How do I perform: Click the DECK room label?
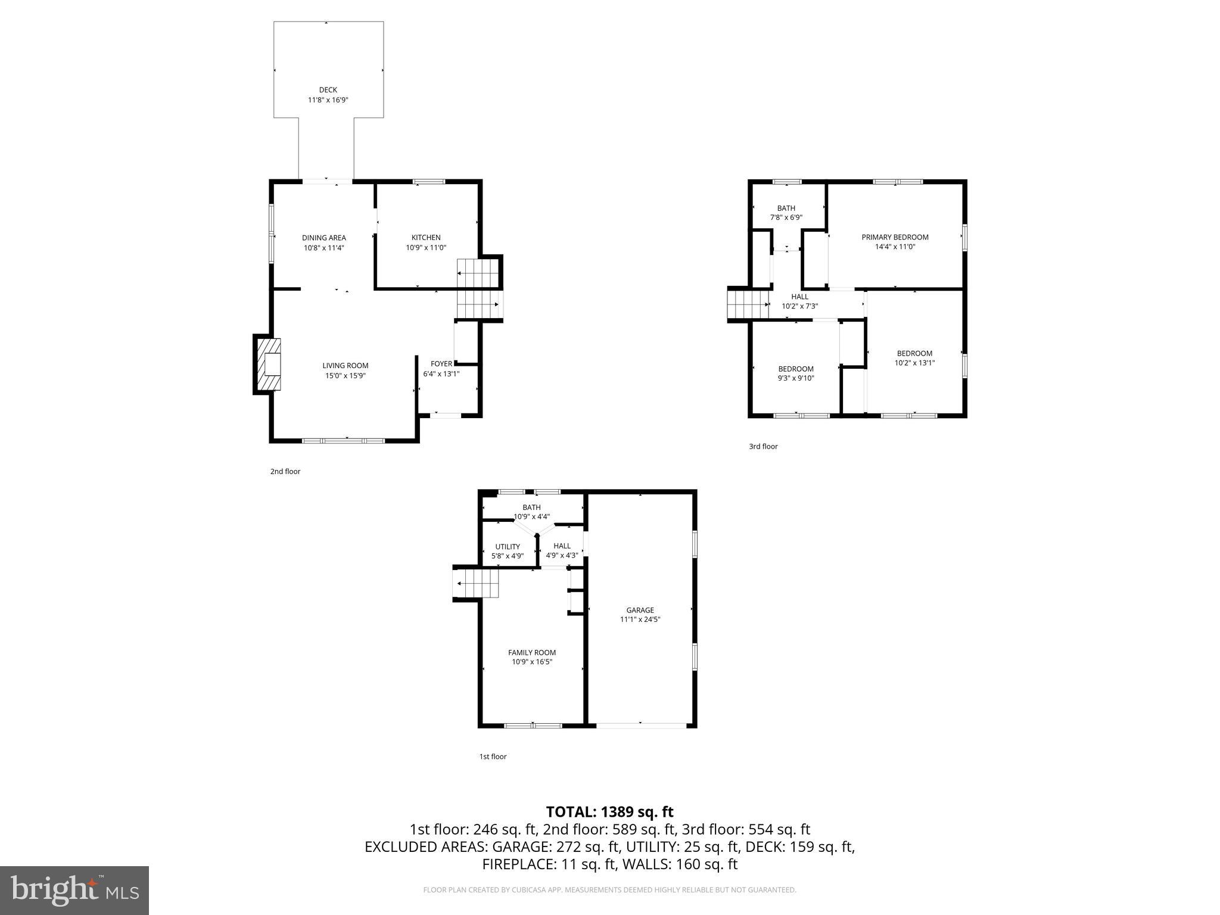(328, 91)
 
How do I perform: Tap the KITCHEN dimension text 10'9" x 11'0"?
(426, 248)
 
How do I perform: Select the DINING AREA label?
(323, 238)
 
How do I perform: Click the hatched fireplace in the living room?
(268, 365)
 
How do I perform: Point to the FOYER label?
(441, 364)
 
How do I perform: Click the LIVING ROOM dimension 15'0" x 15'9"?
(345, 376)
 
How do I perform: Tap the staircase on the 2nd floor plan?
(477, 289)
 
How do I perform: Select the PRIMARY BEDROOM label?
(895, 237)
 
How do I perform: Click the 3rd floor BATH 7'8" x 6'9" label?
(786, 213)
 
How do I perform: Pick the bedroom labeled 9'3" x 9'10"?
(795, 374)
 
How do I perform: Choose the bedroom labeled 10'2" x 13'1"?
(914, 358)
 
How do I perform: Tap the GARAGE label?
(640, 610)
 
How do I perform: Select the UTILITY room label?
(508, 547)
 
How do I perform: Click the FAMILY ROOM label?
(531, 652)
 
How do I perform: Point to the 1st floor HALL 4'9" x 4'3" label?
(562, 550)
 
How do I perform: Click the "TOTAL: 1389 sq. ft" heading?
(609, 812)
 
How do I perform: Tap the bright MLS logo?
(74, 890)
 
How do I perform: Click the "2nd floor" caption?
(285, 471)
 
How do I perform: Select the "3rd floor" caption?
(763, 446)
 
